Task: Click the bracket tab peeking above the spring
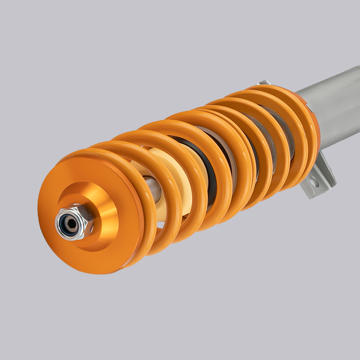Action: tap(263, 83)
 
